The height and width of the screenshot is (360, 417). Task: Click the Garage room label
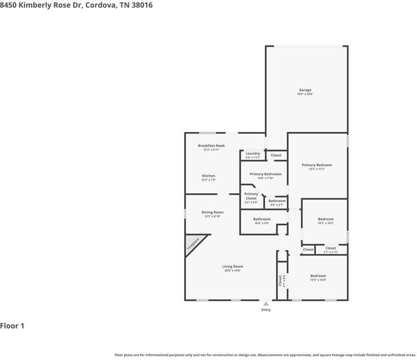pyautogui.click(x=305, y=90)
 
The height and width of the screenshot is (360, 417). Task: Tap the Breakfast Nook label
pyautogui.click(x=212, y=146)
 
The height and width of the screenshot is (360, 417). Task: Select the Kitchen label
pyautogui.click(x=208, y=176)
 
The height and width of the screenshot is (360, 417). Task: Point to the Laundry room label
pyautogui.click(x=253, y=153)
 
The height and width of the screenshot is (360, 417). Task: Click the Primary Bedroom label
pyautogui.click(x=316, y=165)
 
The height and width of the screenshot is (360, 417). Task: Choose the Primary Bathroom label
pyautogui.click(x=265, y=174)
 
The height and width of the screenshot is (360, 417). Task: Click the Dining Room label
pyautogui.click(x=212, y=212)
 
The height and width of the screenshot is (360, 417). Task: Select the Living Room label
pyautogui.click(x=232, y=267)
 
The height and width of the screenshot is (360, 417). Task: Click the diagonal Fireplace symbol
pyautogui.click(x=194, y=243)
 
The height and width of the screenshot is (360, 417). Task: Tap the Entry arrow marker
pyautogui.click(x=266, y=303)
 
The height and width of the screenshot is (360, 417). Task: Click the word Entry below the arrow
pyautogui.click(x=266, y=310)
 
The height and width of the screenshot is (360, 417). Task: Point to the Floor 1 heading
pyautogui.click(x=12, y=326)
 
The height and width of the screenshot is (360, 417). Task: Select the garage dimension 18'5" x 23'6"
pyautogui.click(x=305, y=95)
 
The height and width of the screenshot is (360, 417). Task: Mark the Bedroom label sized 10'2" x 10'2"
pyautogui.click(x=326, y=219)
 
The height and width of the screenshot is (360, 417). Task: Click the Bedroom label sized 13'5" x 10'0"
pyautogui.click(x=318, y=276)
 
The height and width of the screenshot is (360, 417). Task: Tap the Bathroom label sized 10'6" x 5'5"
pyautogui.click(x=262, y=219)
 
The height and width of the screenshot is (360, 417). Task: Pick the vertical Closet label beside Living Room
pyautogui.click(x=280, y=281)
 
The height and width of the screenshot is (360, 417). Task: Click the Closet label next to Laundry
pyautogui.click(x=276, y=155)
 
